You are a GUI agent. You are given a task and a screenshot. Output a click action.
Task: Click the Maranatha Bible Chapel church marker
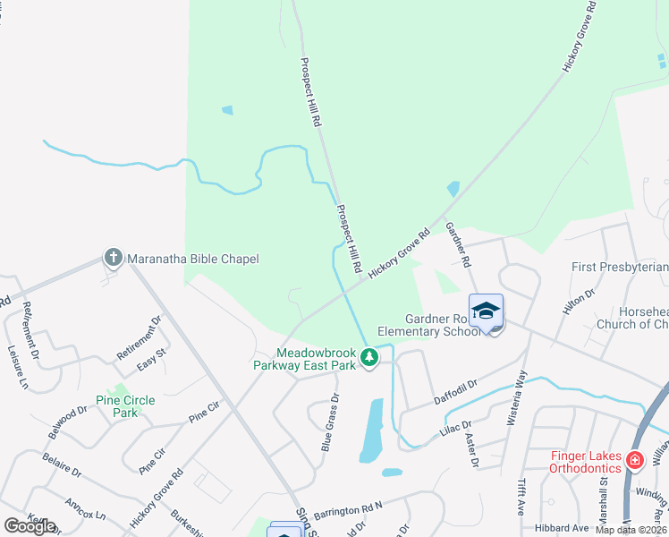pyautogui.click(x=114, y=259)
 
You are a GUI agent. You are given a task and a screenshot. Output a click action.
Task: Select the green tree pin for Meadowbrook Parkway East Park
pyautogui.click(x=368, y=358)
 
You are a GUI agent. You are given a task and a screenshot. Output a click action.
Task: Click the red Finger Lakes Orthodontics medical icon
pyautogui.click(x=634, y=461)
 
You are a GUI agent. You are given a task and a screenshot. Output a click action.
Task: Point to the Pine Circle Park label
pyautogui.click(x=125, y=406)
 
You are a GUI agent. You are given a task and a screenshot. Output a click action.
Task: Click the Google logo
pyautogui.click(x=30, y=525)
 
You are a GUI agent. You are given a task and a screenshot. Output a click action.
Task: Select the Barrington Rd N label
pyautogui.click(x=348, y=507)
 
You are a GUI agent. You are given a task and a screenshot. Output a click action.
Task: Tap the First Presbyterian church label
pyautogui.click(x=620, y=267)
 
